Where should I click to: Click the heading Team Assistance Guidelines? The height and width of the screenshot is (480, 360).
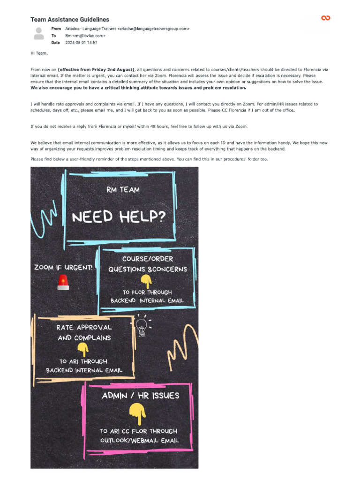[x=69, y=19]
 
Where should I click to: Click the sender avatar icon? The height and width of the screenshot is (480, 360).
[x=39, y=33]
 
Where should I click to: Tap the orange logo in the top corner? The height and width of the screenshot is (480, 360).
[x=325, y=18]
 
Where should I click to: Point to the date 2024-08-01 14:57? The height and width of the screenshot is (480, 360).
[x=81, y=43]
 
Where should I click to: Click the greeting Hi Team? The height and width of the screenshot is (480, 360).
[x=39, y=53]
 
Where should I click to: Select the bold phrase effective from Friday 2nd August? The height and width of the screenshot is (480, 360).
[x=96, y=69]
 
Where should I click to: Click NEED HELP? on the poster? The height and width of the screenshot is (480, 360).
[x=118, y=217]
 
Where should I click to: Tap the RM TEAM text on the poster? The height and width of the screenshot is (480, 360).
[x=123, y=190]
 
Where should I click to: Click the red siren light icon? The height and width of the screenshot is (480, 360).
[x=63, y=282]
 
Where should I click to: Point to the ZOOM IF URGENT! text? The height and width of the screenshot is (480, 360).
[x=63, y=267]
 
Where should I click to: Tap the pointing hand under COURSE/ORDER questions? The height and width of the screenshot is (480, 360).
[x=146, y=281]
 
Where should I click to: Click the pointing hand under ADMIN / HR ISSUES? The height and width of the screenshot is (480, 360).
[x=137, y=412]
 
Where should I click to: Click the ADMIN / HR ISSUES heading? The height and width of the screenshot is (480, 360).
[x=141, y=395]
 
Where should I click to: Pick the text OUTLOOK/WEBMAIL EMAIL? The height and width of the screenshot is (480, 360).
[x=139, y=441]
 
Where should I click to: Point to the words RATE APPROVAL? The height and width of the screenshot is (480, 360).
[x=84, y=327]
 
